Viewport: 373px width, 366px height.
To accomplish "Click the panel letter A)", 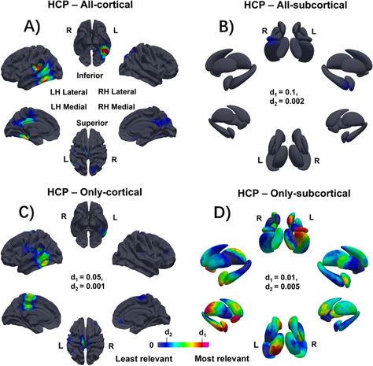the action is (x=32, y=27).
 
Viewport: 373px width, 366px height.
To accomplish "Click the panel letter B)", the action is (x=226, y=27).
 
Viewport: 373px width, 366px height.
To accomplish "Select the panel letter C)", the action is (x=27, y=214).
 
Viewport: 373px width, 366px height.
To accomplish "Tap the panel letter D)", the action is (x=222, y=213).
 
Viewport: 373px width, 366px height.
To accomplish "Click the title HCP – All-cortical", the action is (x=90, y=5).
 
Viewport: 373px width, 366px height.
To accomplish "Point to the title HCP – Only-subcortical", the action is (x=294, y=194).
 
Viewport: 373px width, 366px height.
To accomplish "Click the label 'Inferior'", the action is (x=90, y=76).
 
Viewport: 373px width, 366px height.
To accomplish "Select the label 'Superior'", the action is (x=92, y=123).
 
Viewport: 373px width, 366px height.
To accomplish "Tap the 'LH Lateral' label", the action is (x=68, y=92).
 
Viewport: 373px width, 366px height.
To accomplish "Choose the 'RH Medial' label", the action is (x=116, y=107).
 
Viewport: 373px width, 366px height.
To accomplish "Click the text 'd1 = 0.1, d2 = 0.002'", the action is (x=286, y=97).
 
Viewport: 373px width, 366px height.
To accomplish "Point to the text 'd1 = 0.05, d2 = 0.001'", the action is (x=87, y=282).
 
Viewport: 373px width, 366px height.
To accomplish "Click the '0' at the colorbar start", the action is (x=151, y=345).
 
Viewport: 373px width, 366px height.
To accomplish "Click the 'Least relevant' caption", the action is (x=144, y=358).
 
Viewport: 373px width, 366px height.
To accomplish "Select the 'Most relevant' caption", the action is (x=222, y=358).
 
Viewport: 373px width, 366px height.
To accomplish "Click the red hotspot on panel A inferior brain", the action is (x=105, y=50).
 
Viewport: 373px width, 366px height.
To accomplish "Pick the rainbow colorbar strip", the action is (x=183, y=345).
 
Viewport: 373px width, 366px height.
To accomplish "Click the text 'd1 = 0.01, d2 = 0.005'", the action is (x=282, y=282).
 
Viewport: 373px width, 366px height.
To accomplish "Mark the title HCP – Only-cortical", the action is (x=94, y=192).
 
